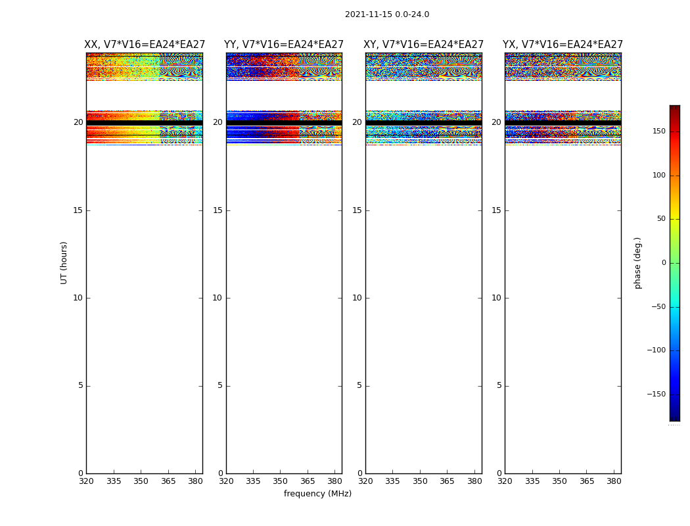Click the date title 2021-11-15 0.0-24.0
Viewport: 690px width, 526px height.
click(x=387, y=14)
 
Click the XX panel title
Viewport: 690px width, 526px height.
click(x=145, y=45)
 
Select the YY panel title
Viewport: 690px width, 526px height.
click(x=284, y=45)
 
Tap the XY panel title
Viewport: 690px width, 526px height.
click(x=424, y=45)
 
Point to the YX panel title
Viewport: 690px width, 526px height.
click(x=563, y=45)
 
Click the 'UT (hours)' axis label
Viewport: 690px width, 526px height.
click(x=64, y=262)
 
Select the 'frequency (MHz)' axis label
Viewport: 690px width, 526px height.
click(x=317, y=494)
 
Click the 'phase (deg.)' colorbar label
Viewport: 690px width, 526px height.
click(x=637, y=263)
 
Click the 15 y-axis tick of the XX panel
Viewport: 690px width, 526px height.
click(x=78, y=210)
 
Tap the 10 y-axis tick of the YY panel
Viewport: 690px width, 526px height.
click(x=218, y=298)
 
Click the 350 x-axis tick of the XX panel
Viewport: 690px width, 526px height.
click(x=141, y=481)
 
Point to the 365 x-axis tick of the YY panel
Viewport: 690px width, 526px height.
click(x=308, y=481)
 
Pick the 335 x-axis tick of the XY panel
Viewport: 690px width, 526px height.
click(x=392, y=481)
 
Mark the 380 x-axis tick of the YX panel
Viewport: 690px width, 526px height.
click(x=614, y=481)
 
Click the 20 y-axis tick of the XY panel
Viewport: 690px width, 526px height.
click(x=357, y=122)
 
